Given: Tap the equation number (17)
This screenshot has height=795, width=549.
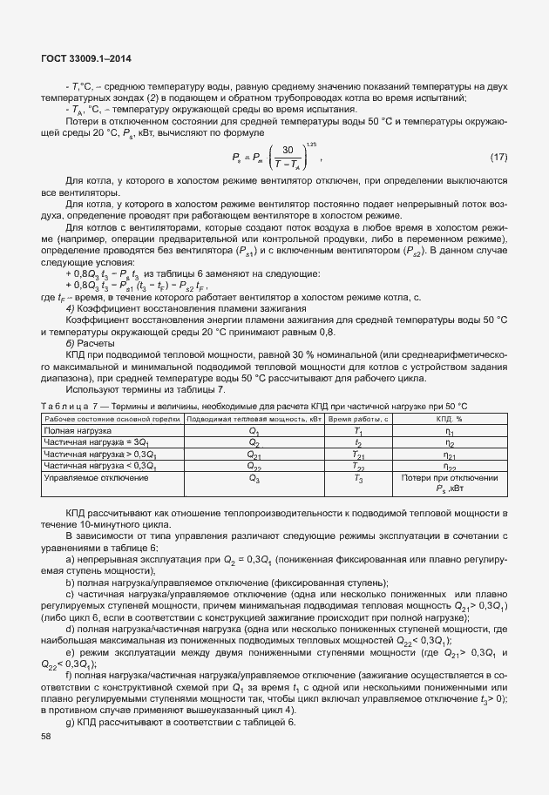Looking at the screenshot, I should click(498, 157).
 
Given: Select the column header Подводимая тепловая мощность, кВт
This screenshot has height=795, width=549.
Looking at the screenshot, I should click(254, 419).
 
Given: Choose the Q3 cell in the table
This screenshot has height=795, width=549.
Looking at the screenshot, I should click(254, 478).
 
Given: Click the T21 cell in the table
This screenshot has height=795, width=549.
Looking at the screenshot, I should click(358, 454).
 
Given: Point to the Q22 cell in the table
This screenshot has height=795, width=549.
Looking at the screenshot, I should click(254, 466).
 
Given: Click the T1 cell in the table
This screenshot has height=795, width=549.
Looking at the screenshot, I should click(358, 430).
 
